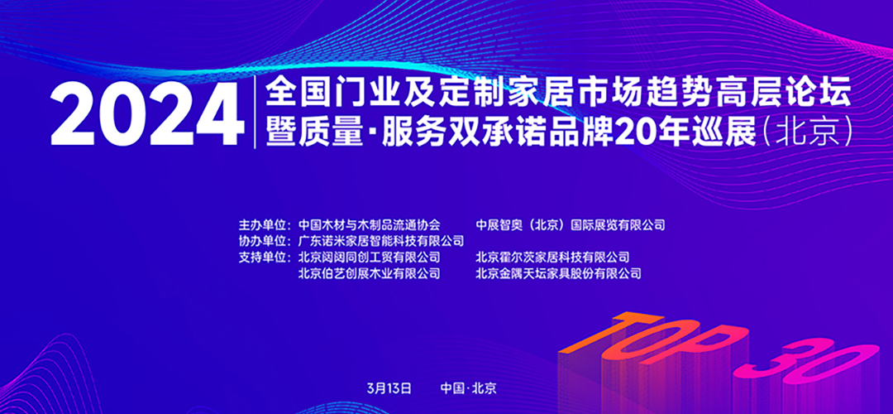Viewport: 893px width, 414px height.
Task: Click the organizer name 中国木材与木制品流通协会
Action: (370, 224)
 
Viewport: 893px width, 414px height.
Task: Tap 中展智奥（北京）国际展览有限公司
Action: (571, 224)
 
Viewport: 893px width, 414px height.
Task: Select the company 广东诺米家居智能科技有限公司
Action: (381, 241)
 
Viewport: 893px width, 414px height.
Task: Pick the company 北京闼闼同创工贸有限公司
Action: (370, 258)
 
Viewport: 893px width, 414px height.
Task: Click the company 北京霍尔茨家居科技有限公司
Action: (552, 258)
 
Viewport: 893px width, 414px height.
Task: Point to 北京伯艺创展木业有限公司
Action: (370, 273)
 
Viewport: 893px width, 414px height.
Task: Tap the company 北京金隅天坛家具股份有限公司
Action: (558, 273)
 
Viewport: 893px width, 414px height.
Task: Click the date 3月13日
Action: (387, 388)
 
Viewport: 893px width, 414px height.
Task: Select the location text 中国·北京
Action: (468, 388)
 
